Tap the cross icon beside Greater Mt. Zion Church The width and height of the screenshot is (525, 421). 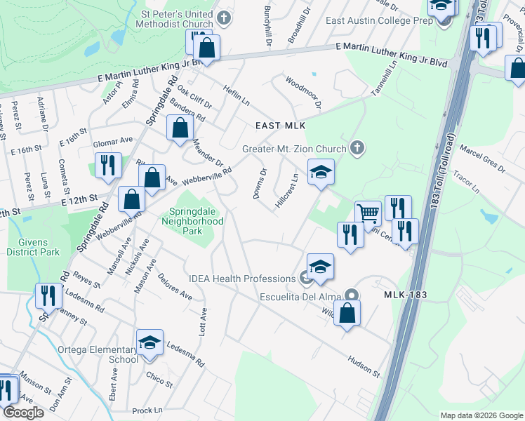357,148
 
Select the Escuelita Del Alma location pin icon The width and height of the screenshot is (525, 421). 352,296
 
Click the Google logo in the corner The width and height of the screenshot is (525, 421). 22,413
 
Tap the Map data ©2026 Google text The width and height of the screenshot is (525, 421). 481,415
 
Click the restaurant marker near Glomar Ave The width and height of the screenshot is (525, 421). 107,166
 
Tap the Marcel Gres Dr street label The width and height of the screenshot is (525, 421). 482,163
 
